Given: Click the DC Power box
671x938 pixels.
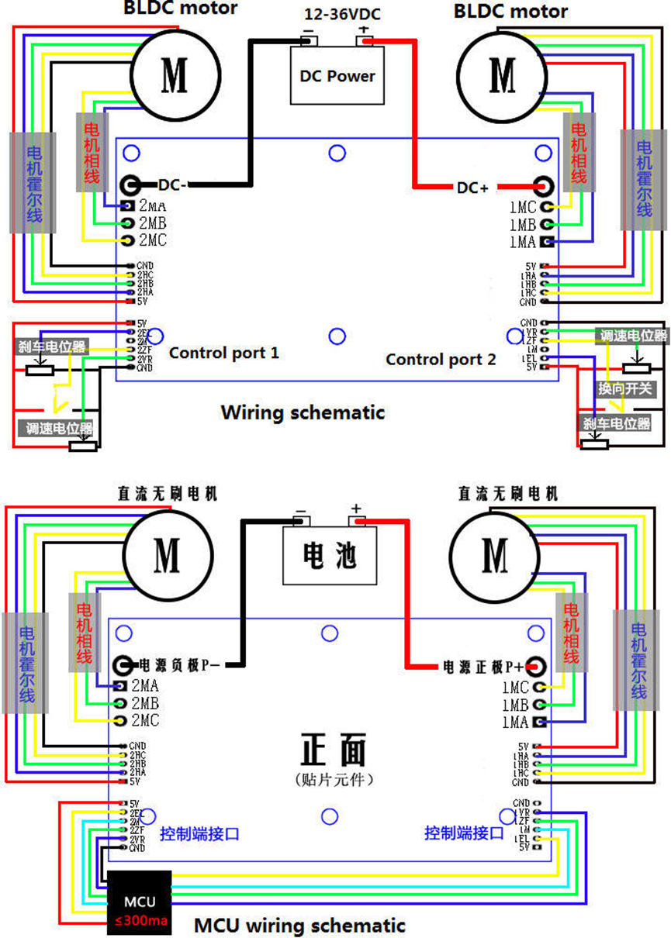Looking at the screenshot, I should [337, 76].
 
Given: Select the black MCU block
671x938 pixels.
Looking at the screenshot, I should [140, 902].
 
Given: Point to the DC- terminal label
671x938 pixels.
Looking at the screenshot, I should [173, 185].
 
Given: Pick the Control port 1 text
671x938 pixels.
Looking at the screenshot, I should [223, 353].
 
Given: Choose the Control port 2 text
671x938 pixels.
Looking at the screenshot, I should [440, 359].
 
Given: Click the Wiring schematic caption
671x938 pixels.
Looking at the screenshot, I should [302, 412].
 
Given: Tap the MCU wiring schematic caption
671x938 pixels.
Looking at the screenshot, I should [299, 925].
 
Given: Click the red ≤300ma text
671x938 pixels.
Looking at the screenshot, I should [140, 921].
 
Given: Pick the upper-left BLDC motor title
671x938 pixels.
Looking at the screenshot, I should [181, 9].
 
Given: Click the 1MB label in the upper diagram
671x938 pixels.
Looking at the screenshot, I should [523, 225].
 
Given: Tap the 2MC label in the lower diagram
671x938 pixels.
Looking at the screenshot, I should [145, 721].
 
